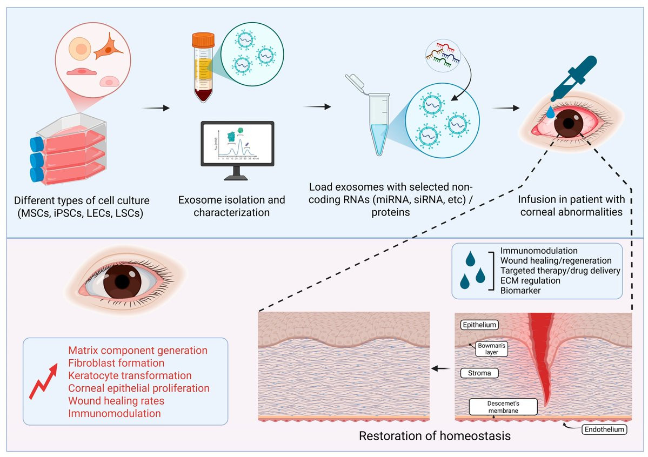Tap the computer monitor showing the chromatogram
pos(237,143)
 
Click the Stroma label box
pos(479,373)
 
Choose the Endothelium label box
pos(605,430)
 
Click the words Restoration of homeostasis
pos(435,435)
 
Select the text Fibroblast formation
pos(116,363)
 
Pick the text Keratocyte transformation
pos(130,375)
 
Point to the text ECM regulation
pos(530,280)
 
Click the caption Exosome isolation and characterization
pos(232,206)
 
